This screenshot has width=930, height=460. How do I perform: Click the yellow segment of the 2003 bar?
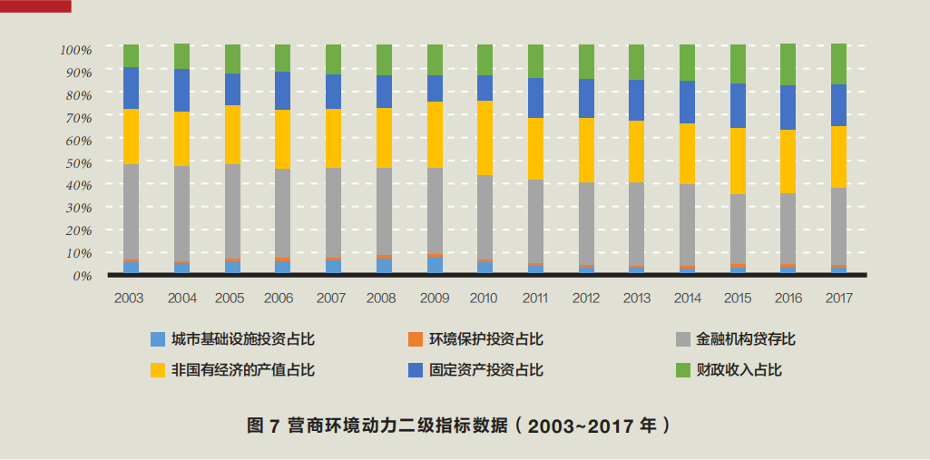tap(132, 136)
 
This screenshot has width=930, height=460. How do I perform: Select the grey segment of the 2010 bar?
tap(485, 217)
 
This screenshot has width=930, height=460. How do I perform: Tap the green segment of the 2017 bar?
tap(838, 64)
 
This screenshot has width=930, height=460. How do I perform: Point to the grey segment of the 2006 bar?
tap(282, 212)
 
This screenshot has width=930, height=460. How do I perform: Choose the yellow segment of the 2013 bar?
tap(636, 152)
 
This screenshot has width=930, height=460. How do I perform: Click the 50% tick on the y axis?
tap(76, 162)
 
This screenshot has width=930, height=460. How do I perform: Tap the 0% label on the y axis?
tap(83, 275)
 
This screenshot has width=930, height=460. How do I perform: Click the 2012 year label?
tap(585, 298)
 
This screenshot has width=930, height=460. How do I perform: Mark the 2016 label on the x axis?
tap(788, 298)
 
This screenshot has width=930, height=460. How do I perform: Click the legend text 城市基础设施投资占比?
tap(242, 339)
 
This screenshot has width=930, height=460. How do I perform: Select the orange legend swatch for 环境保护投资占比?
tap(416, 339)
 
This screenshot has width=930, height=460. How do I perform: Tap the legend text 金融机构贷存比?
tap(745, 339)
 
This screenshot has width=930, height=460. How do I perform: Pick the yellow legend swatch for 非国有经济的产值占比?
tap(158, 369)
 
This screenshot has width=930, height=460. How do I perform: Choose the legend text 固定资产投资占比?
tap(486, 369)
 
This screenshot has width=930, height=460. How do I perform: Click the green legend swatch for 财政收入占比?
tap(685, 369)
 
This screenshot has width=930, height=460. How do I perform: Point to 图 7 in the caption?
tap(262, 425)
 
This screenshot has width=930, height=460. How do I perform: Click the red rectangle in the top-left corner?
tap(35, 6)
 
